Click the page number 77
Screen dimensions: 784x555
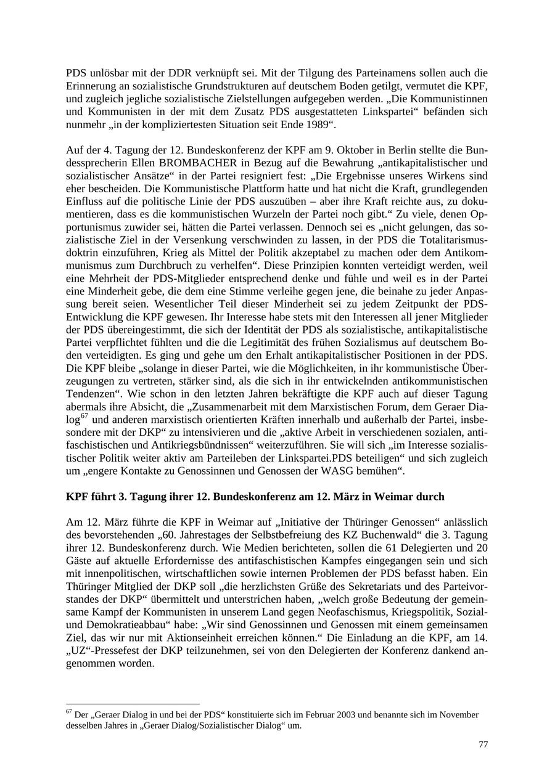click(483, 745)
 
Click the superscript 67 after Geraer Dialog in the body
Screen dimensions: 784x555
click(84, 417)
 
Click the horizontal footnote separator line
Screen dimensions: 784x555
click(133, 704)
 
